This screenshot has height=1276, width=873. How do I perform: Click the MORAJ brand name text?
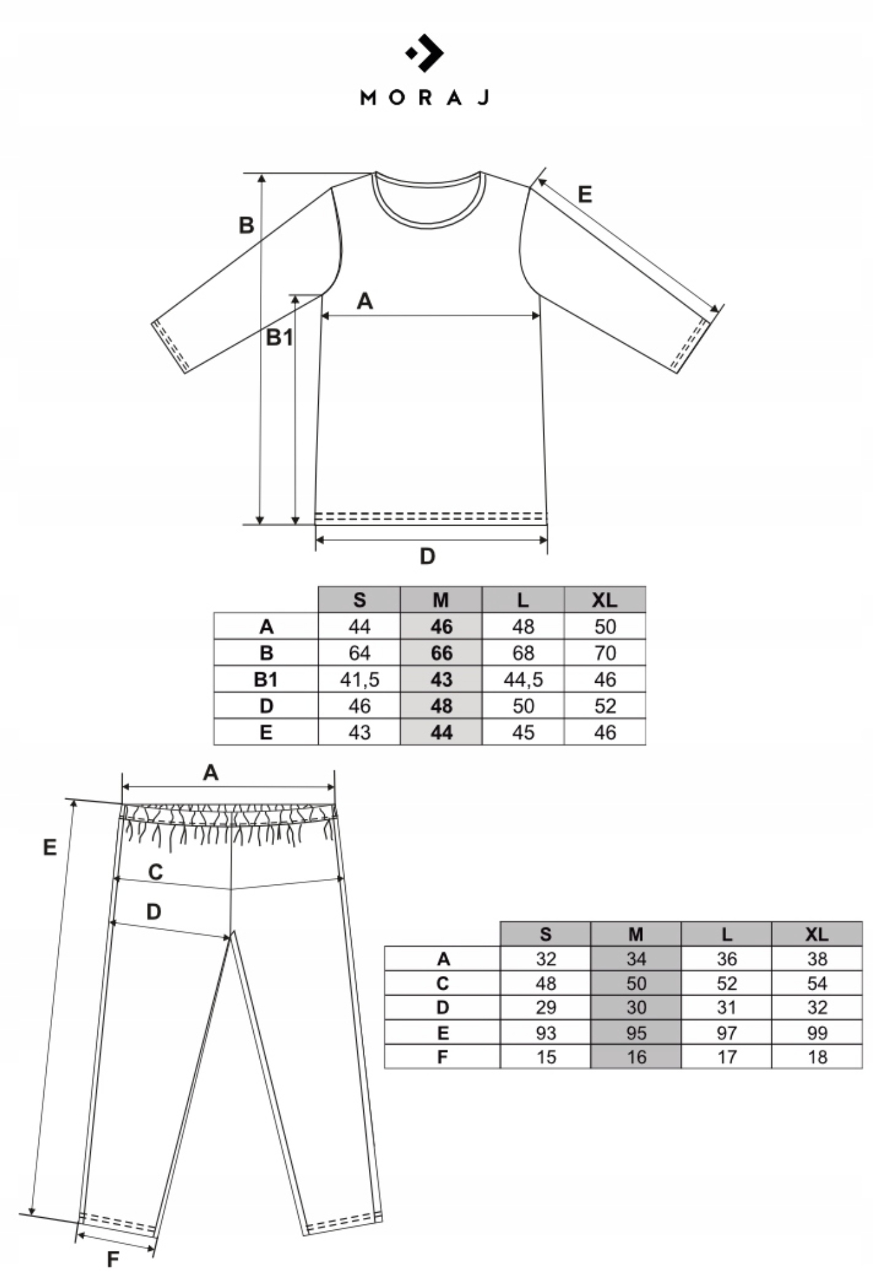[424, 98]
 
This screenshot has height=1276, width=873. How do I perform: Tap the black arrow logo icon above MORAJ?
[426, 53]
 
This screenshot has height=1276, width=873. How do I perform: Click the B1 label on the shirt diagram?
[279, 337]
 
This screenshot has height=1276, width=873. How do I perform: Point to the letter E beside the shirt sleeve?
[585, 195]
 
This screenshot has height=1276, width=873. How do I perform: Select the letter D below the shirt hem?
[427, 557]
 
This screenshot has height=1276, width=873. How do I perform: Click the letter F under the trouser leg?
[113, 1259]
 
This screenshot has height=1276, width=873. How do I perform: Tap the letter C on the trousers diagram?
[156, 872]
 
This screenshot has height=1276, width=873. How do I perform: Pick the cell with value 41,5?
[359, 679]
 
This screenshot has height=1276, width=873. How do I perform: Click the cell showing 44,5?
[523, 679]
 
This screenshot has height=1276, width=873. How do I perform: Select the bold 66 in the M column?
[441, 653]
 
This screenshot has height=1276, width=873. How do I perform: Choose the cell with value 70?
[605, 653]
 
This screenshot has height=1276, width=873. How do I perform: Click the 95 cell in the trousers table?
[636, 1033]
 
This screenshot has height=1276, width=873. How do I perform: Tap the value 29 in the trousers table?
[545, 1008]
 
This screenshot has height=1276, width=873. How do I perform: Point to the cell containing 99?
[817, 1033]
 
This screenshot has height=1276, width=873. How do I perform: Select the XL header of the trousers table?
[817, 934]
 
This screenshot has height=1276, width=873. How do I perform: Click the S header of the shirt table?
[359, 600]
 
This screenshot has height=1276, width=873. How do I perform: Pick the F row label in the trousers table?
[443, 1057]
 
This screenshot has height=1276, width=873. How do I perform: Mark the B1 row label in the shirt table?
[266, 679]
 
